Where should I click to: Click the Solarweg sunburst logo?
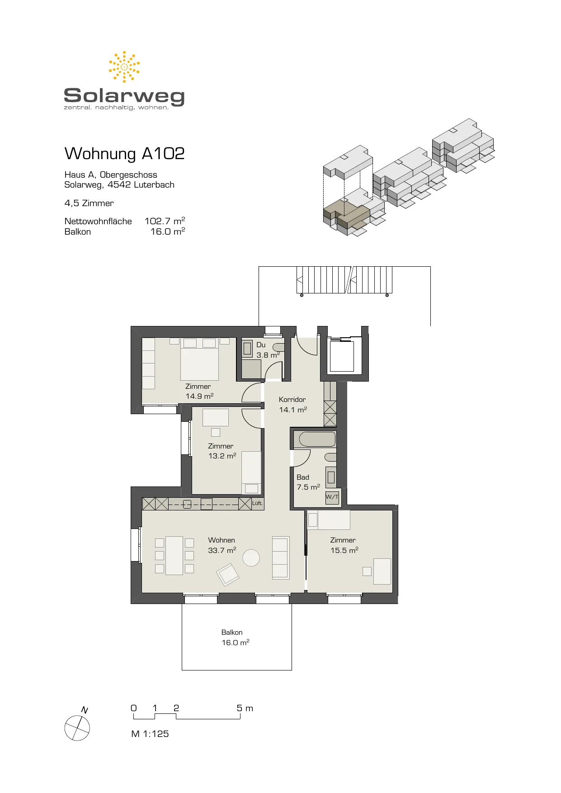124,67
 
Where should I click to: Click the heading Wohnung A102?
125,154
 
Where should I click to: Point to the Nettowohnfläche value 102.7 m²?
165,221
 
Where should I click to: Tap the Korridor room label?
292,400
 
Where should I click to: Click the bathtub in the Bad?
317,439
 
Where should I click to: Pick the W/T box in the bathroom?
332,497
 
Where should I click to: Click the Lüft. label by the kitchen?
257,503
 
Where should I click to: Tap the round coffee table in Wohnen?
251,558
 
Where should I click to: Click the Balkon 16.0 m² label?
235,637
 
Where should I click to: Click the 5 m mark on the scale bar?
240,708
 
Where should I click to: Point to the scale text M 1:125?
150,734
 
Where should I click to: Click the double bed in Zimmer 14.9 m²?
199,359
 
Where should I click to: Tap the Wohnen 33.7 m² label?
222,545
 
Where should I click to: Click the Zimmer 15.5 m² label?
344,545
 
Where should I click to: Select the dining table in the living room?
174,556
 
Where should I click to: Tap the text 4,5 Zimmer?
89,203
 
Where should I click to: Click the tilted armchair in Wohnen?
228,575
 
